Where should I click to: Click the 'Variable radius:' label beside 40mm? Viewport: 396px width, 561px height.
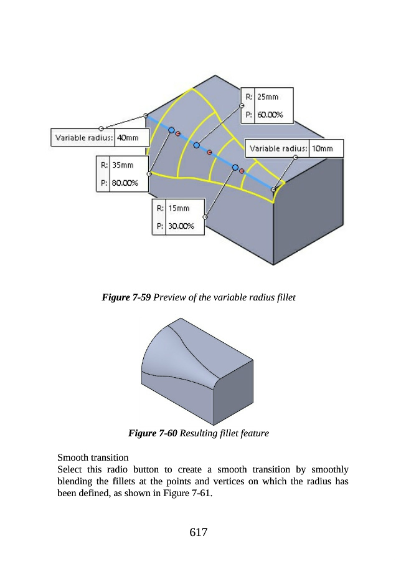84,137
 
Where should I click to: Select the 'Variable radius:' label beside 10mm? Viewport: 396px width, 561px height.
278,148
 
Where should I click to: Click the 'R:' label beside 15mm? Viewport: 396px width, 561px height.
160,208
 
